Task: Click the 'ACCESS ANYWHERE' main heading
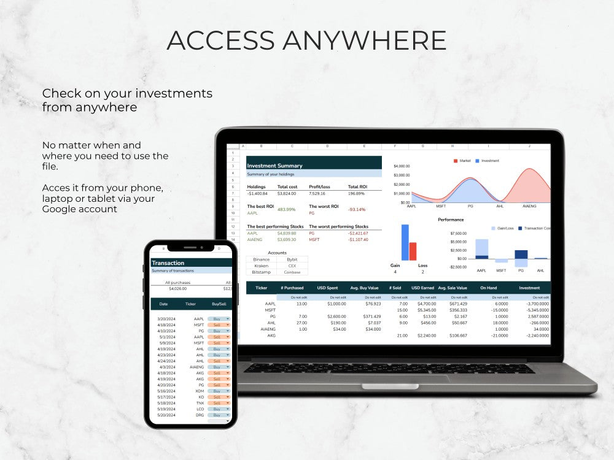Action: [x=306, y=40]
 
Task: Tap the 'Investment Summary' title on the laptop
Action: [x=274, y=166]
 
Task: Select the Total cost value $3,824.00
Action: [x=287, y=194]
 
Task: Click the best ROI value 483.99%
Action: [x=287, y=210]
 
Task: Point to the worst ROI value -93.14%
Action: [x=357, y=210]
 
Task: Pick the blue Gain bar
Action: [x=405, y=242]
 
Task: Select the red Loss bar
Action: [x=413, y=251]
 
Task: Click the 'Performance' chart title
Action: [x=451, y=220]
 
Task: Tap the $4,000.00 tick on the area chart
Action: [x=401, y=166]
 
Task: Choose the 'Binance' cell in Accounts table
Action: [x=262, y=259]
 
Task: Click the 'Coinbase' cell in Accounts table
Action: [x=292, y=272]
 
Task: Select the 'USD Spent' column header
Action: [x=327, y=288]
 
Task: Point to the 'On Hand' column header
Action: [x=488, y=288]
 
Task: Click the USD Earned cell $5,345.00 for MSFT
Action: [x=423, y=310]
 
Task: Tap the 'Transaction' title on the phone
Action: [x=168, y=263]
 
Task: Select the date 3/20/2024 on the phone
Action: [x=167, y=319]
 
